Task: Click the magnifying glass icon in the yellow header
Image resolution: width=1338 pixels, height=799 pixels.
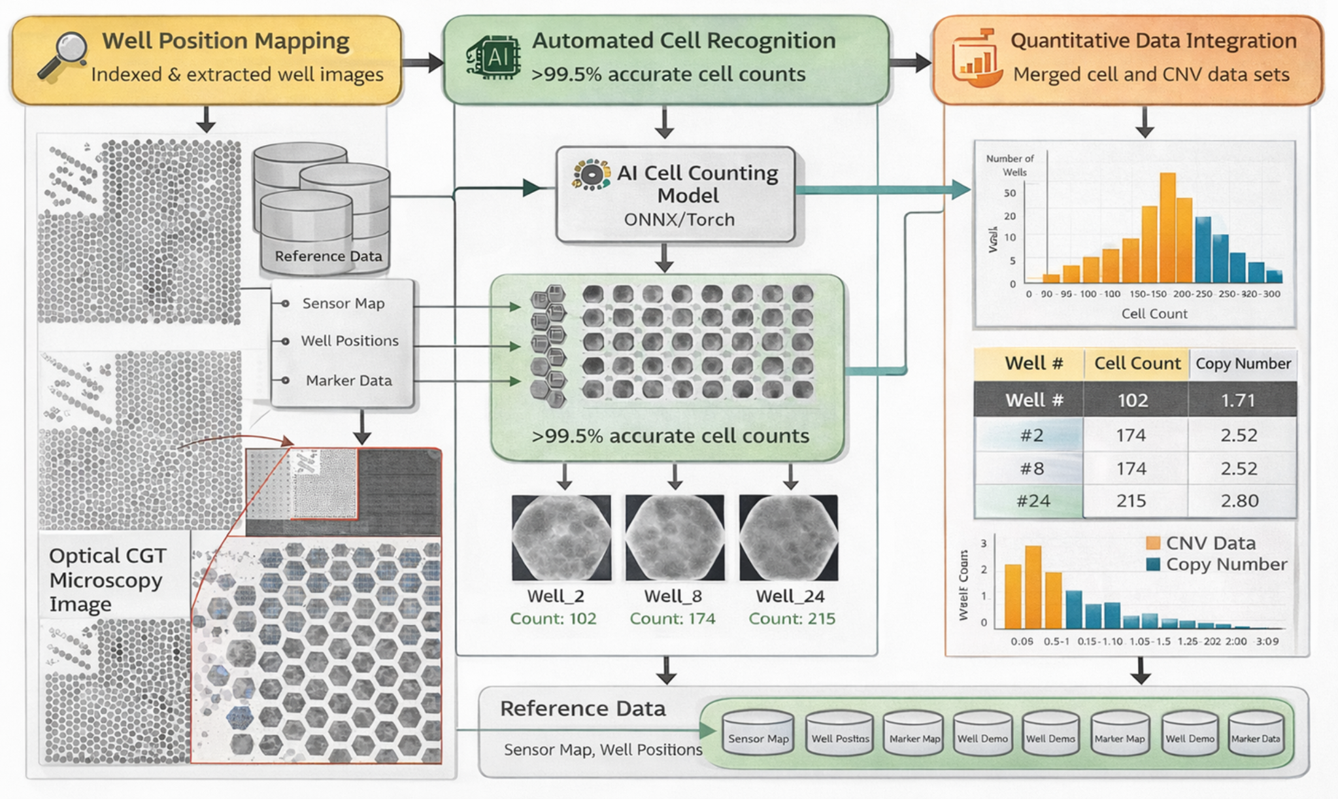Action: point(63,55)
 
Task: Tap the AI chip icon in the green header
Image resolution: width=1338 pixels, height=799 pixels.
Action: point(494,57)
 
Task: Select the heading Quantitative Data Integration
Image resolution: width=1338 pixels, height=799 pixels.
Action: point(1153,41)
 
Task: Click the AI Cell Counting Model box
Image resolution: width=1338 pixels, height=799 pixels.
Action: point(676,195)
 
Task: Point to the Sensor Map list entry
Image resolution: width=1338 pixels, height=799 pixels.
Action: point(343,303)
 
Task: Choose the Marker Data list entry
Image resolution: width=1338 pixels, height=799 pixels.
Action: point(348,381)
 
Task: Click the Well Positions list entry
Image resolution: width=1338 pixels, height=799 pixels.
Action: point(349,341)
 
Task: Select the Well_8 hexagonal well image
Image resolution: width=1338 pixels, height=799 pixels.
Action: point(675,537)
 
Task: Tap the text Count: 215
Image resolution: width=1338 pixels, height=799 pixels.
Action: point(792,619)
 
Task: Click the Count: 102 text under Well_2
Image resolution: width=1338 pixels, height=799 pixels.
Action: point(553,619)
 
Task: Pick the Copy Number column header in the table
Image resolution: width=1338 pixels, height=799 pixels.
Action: point(1243,364)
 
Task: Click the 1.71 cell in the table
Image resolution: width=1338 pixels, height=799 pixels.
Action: point(1238,400)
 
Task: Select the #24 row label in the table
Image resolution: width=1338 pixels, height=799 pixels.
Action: point(1033,501)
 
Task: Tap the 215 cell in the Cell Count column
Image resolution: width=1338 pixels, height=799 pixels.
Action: point(1131,501)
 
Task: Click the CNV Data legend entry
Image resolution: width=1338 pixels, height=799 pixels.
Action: point(1210,543)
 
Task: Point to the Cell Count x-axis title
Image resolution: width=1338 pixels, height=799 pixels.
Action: point(1154,314)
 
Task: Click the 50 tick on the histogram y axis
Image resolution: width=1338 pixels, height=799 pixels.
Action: point(1010,193)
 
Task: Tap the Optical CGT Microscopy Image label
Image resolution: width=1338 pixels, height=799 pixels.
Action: point(108,580)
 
